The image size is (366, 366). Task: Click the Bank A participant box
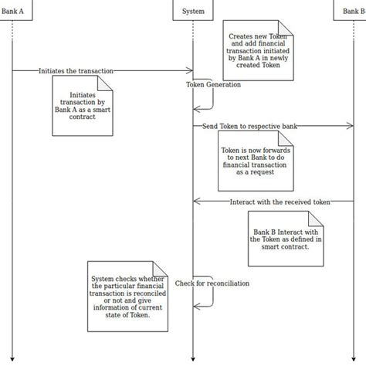13,11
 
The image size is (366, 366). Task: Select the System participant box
192,11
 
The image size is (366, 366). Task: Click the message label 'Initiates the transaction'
76,70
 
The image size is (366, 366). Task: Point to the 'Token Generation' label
213,84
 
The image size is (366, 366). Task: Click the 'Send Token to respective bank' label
249,125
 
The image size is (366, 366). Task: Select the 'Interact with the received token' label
280,202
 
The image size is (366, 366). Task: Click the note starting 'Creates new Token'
259,49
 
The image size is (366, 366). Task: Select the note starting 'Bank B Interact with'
285,238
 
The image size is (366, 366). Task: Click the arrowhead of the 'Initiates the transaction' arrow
189,70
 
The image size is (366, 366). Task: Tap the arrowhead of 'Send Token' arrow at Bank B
351,125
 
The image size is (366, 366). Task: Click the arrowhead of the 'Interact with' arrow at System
196,202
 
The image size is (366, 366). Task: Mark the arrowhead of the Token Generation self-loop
196,110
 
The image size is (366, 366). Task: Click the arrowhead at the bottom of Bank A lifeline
13,358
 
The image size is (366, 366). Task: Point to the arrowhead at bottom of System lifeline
192,358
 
